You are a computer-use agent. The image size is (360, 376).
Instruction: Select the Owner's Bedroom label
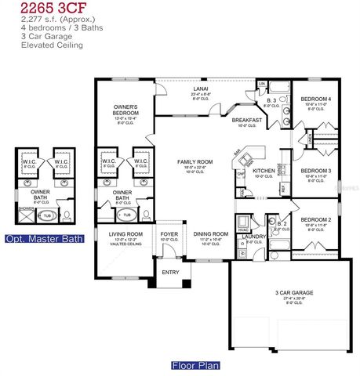coord(125,108)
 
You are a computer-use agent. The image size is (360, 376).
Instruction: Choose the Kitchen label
coord(263,171)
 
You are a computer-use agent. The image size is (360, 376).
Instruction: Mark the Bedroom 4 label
coord(316,99)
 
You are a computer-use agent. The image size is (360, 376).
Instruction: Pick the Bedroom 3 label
coord(316,170)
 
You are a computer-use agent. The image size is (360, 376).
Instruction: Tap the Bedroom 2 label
coord(316,220)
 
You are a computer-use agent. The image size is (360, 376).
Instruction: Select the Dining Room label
coord(210,233)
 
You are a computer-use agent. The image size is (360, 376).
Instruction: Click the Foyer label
coord(169,233)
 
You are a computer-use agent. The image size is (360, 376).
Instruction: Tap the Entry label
coord(170,273)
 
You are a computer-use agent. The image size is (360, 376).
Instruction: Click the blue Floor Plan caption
coord(195,365)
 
